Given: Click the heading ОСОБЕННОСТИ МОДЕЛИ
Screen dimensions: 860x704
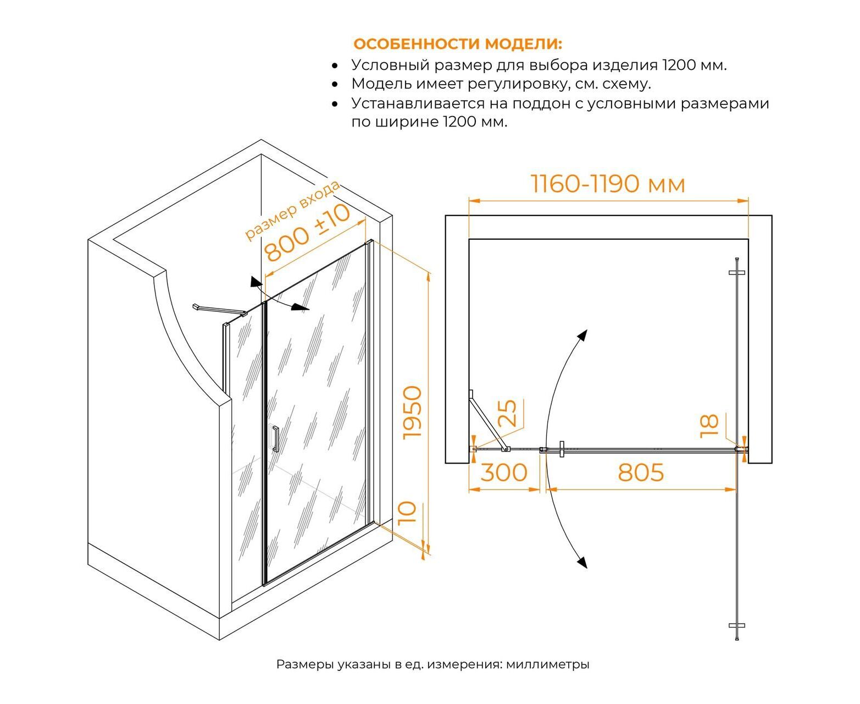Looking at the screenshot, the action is coord(457,43).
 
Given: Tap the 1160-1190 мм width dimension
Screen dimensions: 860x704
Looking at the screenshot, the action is coord(608,184).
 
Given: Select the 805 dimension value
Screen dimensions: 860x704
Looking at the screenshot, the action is coord(641,472).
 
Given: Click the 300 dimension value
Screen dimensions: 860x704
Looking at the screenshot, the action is coord(504,472).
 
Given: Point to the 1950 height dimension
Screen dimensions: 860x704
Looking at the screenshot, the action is coord(412,413).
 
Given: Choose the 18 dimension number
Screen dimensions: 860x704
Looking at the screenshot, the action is coord(709,426).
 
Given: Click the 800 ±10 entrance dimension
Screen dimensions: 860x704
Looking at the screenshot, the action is coord(308,232).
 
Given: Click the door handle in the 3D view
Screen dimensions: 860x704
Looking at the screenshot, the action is coord(275,439).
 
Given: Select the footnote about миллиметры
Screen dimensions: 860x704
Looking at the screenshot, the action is coord(432,664).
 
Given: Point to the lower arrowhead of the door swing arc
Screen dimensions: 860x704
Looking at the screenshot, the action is coord(582,562).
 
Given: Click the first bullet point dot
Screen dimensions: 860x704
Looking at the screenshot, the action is coord(335,65).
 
